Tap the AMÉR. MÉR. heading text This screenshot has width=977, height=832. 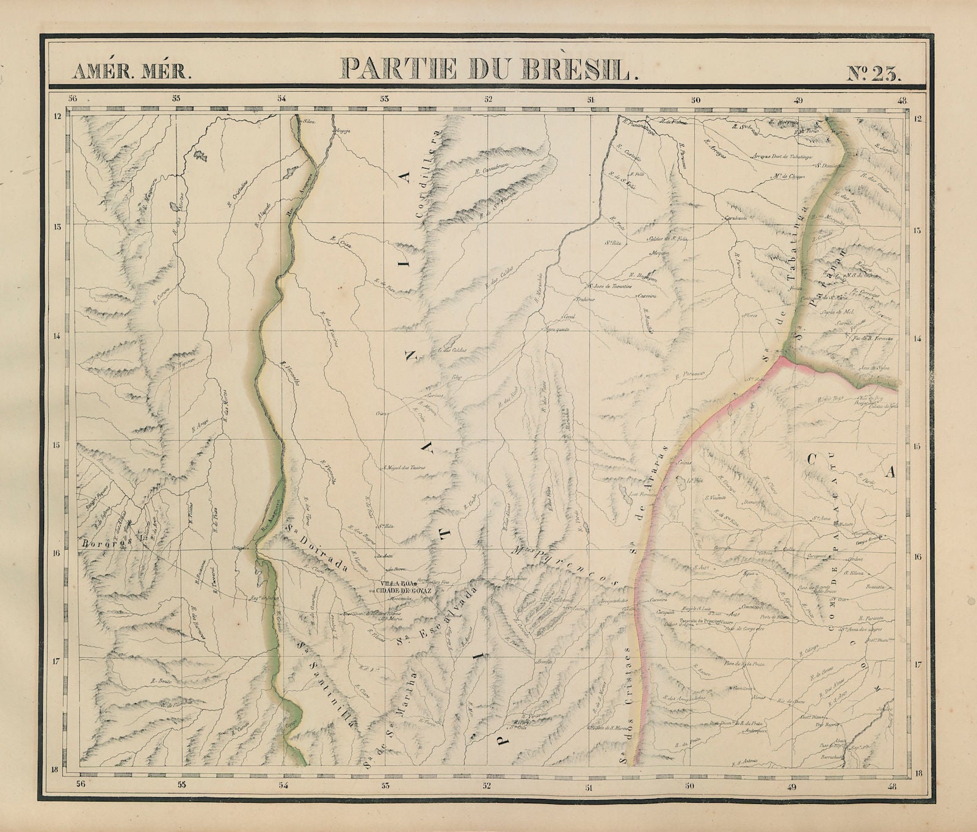point(131,72)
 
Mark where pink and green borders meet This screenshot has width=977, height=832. point(783,359)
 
